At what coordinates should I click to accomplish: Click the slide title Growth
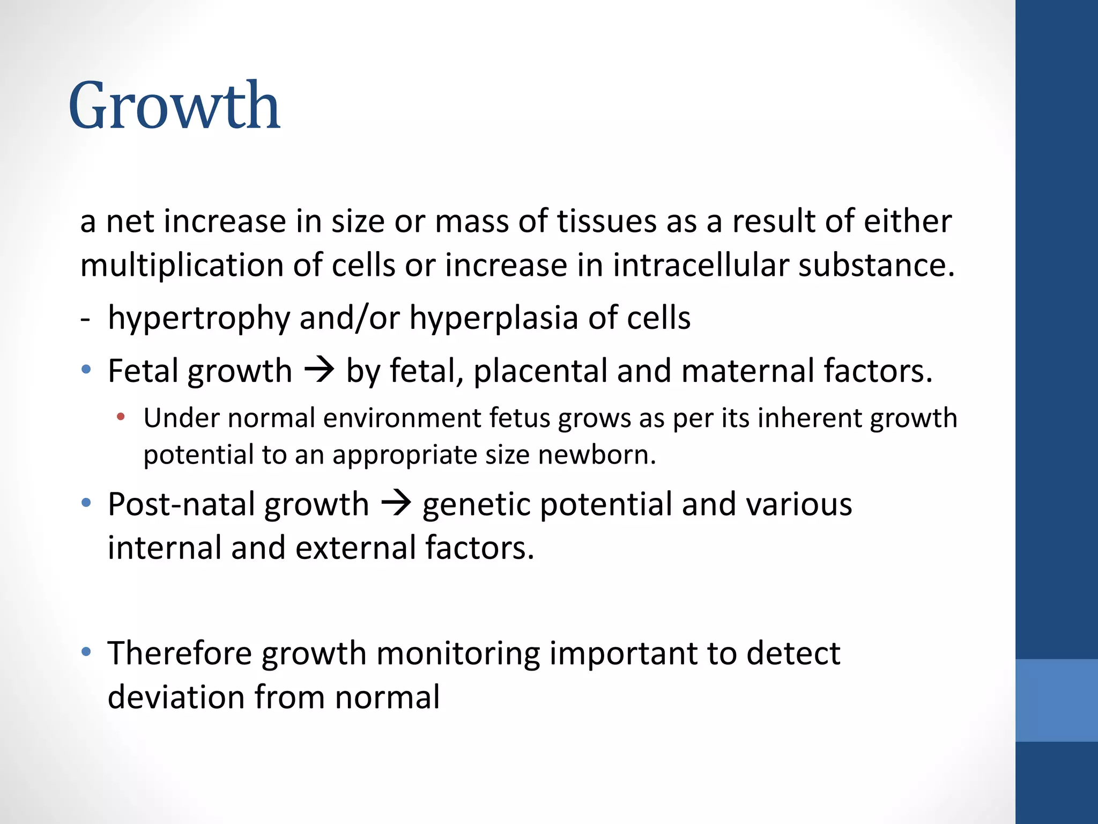[174, 106]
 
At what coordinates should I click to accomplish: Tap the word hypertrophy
[198, 318]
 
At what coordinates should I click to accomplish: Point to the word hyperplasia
[494, 318]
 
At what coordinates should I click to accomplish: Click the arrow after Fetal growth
[320, 370]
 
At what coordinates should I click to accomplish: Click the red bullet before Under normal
[121, 417]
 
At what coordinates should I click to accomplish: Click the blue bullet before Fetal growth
[86, 370]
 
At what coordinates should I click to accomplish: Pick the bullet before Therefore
[86, 652]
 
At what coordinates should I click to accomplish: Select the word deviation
[176, 697]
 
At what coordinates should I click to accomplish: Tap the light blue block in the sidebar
[1056, 700]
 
